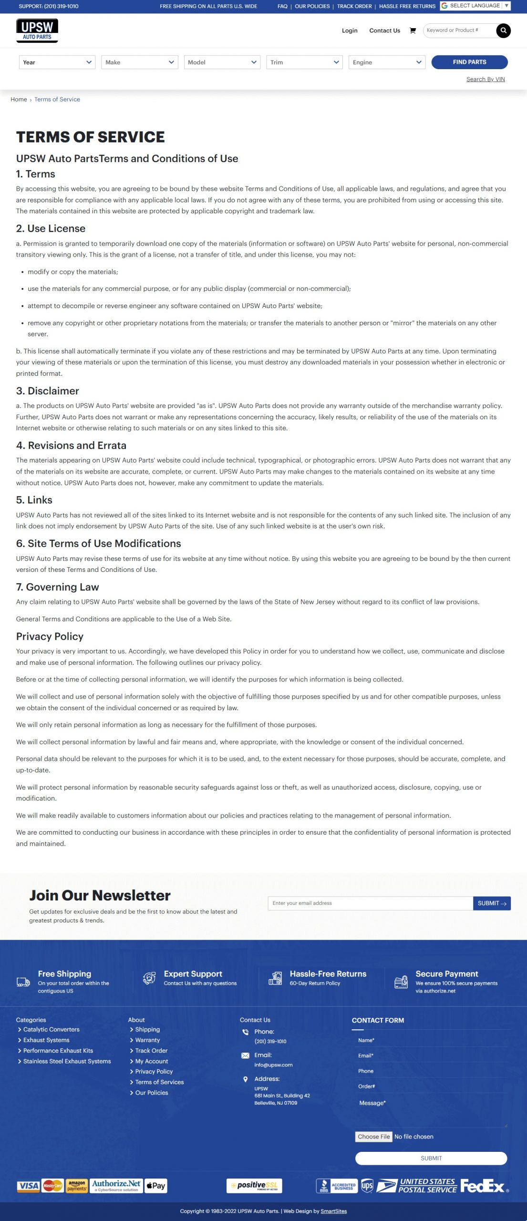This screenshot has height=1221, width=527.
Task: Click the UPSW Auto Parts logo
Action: (x=37, y=31)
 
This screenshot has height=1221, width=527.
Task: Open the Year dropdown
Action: (x=57, y=62)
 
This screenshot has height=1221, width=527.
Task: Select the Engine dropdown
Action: (x=387, y=62)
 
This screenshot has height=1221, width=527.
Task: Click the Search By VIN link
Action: (x=485, y=79)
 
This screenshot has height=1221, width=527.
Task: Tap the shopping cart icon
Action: (x=413, y=31)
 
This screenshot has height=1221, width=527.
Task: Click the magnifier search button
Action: (x=503, y=31)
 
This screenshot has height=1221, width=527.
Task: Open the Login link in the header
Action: (x=350, y=31)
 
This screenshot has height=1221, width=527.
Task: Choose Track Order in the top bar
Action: (x=354, y=6)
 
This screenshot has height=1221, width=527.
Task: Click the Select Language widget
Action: (x=475, y=6)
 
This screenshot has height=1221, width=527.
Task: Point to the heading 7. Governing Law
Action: (x=58, y=587)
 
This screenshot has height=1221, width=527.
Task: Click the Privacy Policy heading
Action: (x=50, y=636)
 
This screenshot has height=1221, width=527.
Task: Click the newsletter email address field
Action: (x=370, y=903)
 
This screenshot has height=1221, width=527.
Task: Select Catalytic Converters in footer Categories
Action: (x=52, y=1029)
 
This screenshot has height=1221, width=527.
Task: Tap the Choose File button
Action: (x=374, y=1137)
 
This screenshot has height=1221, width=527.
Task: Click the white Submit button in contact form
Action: (x=431, y=1158)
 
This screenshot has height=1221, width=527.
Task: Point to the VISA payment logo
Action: (x=28, y=1186)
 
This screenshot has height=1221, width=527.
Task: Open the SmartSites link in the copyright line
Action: (x=333, y=1211)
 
